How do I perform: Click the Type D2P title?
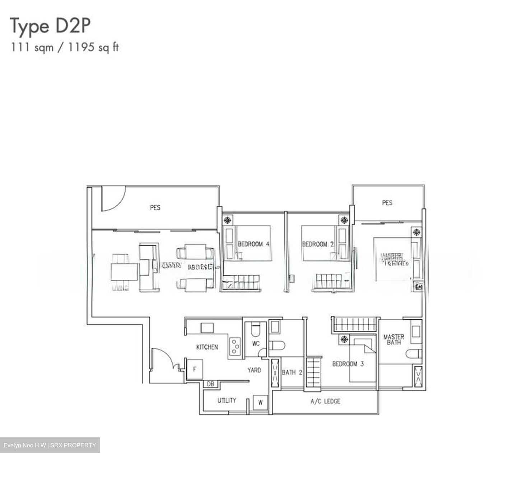click(50, 26)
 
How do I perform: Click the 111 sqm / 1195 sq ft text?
click(65, 47)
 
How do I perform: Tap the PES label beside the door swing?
click(155, 207)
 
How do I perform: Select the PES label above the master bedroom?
click(387, 203)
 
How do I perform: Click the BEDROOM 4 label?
click(253, 244)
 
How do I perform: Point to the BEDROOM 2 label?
click(318, 244)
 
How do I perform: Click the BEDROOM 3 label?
click(348, 364)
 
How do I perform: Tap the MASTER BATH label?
click(393, 339)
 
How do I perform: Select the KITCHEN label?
click(207, 347)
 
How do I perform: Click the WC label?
click(256, 344)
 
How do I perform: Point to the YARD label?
click(254, 370)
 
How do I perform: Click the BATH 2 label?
click(292, 372)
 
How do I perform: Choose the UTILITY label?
click(227, 400)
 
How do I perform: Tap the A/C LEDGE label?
click(325, 401)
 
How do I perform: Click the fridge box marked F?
click(195, 369)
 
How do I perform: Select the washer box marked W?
click(260, 402)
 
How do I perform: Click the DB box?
click(211, 384)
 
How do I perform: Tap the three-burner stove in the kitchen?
click(235, 347)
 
